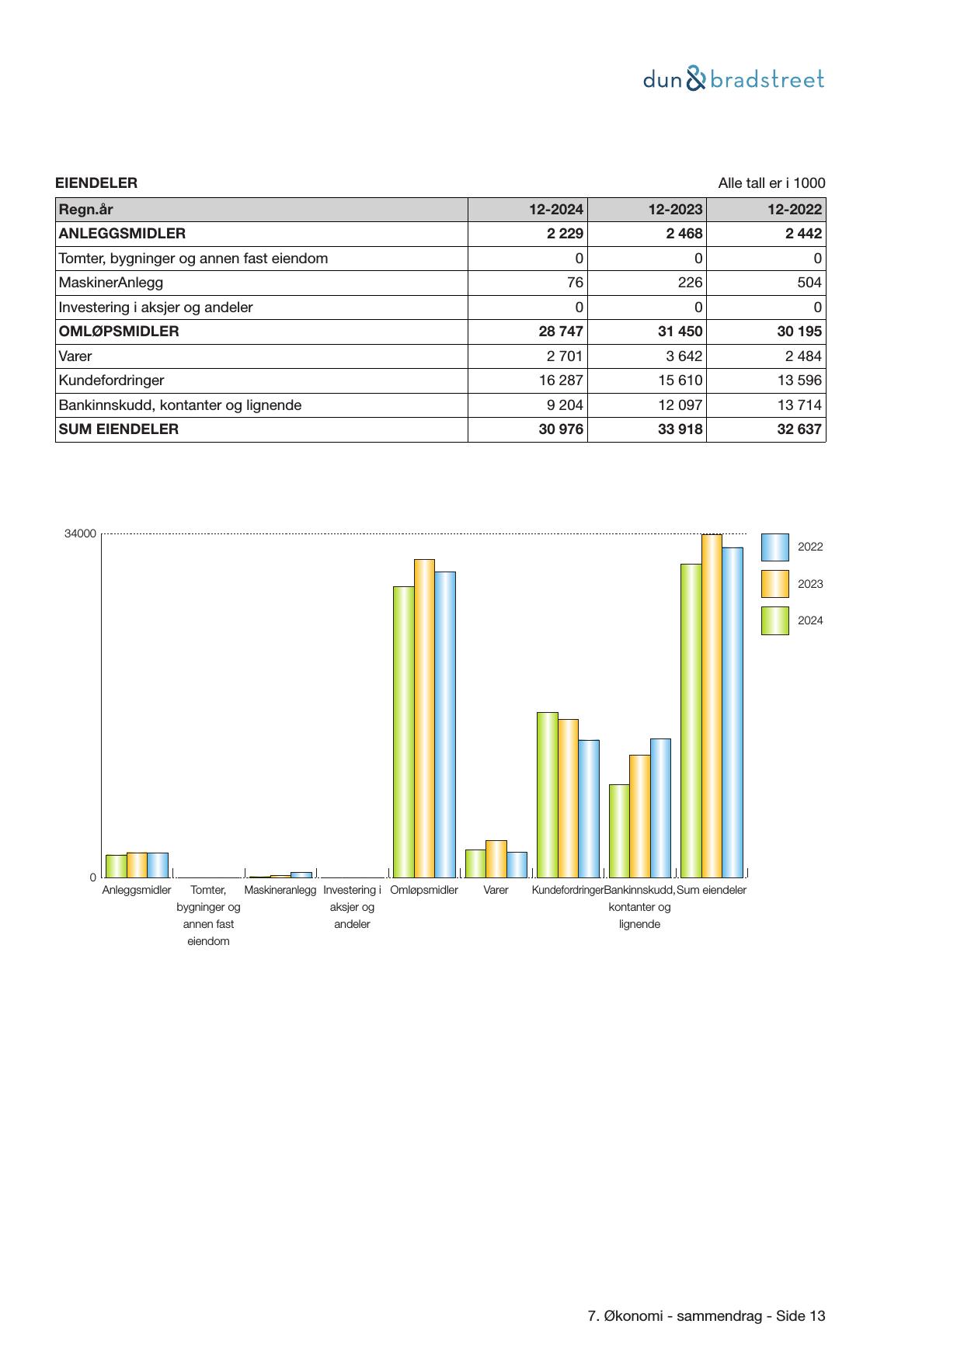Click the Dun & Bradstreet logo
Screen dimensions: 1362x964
tap(733, 79)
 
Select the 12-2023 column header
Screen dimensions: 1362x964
tap(675, 210)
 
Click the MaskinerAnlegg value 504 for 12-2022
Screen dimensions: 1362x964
tap(809, 283)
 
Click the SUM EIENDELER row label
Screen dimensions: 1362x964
tap(119, 429)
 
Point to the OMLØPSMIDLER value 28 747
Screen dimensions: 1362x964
tap(560, 332)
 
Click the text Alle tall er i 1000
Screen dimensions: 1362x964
tap(771, 183)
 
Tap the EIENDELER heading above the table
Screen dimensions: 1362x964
tap(96, 183)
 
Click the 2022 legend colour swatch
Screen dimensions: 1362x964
tap(774, 547)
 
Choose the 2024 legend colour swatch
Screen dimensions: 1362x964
tap(774, 621)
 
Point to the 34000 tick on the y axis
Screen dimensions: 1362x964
tap(81, 534)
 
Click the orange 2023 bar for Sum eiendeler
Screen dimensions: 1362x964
tap(712, 705)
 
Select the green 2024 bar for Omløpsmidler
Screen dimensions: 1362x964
tap(403, 731)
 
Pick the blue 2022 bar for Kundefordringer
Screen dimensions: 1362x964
tap(589, 808)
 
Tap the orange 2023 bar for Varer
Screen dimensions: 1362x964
tap(496, 859)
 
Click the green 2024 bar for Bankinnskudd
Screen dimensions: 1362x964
tap(619, 831)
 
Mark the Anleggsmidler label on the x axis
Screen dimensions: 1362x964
tap(137, 891)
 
